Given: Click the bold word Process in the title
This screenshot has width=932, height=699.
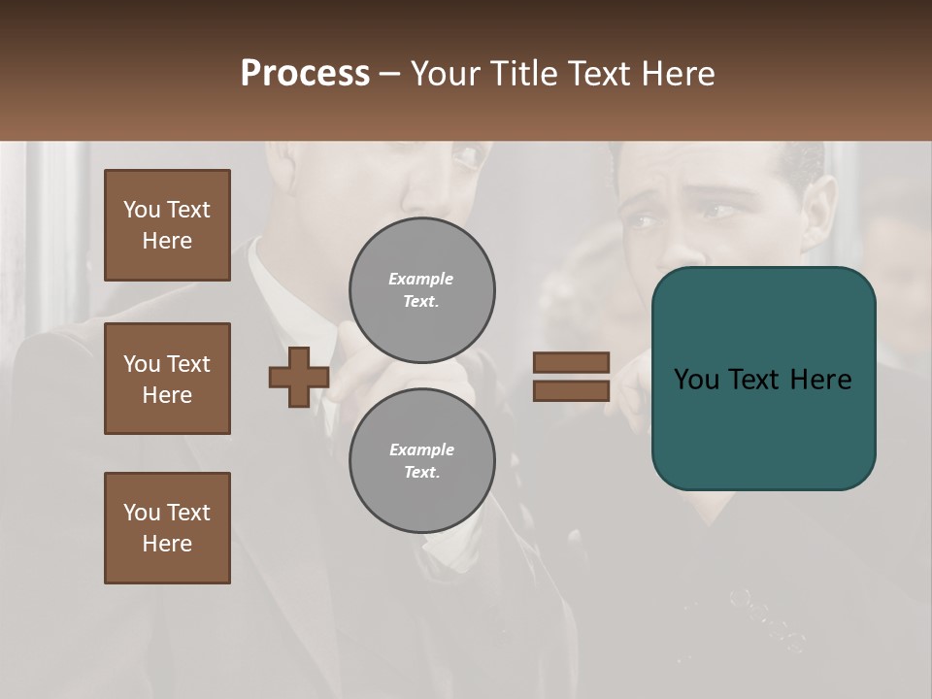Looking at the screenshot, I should [305, 74].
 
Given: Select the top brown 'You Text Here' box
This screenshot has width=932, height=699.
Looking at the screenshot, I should [167, 225].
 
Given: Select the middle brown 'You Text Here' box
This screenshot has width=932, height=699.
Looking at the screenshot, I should [167, 379].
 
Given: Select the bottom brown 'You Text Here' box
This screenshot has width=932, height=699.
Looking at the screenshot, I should [167, 528].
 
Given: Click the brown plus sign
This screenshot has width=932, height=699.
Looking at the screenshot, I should [299, 378].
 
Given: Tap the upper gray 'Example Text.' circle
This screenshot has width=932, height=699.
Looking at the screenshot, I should [421, 290].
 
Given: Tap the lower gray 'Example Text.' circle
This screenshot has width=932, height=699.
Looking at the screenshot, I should [421, 461].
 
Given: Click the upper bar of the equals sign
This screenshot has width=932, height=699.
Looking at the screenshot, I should [571, 363].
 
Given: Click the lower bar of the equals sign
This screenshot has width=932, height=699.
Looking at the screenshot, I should [571, 391].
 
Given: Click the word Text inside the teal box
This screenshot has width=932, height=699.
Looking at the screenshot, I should [763, 380].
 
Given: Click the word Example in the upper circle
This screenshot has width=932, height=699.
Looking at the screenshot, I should [421, 280].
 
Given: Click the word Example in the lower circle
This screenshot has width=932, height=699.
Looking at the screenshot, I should [421, 450].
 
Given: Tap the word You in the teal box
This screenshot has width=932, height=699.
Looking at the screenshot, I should [696, 380].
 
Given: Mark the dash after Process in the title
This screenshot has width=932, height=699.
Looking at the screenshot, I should [390, 74].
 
